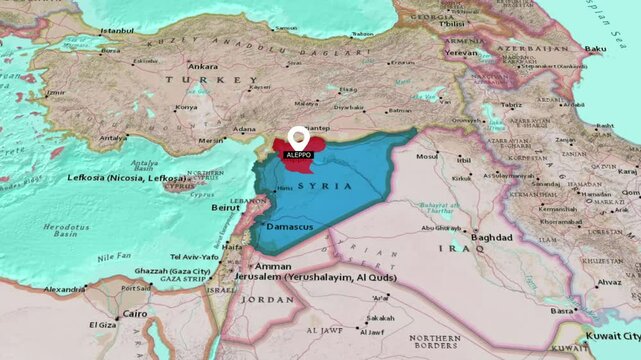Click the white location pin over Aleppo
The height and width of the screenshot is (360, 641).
[x=297, y=137]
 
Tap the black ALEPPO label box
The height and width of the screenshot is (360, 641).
[x=297, y=155]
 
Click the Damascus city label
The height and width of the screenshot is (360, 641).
[x=290, y=227]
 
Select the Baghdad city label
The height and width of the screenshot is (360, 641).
[x=490, y=237]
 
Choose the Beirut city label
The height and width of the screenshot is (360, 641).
[x=226, y=207]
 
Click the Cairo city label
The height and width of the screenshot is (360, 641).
[x=135, y=313]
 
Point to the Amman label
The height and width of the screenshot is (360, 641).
[x=273, y=266]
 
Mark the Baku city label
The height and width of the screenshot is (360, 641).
[x=596, y=48]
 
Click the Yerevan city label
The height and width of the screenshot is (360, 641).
[x=462, y=52]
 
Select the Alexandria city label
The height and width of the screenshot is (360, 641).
[x=64, y=289]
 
